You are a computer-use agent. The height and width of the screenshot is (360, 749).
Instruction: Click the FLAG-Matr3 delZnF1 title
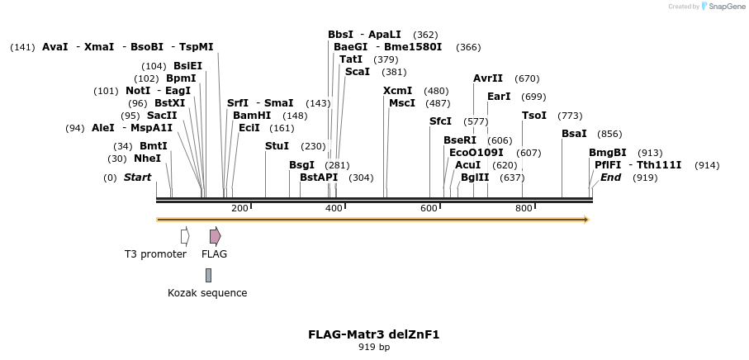pyautogui.click(x=373, y=334)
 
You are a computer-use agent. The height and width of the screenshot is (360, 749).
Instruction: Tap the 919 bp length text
pyautogui.click(x=373, y=348)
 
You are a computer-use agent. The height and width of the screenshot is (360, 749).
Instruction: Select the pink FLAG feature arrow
pyautogui.click(x=215, y=236)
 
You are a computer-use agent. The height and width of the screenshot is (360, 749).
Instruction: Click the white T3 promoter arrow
pyautogui.click(x=185, y=236)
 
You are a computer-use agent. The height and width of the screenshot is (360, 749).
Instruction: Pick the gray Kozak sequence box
pyautogui.click(x=208, y=275)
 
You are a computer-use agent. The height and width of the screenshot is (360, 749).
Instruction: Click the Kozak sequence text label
pyautogui.click(x=207, y=293)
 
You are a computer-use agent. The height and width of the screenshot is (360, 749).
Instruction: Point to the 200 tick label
pyautogui.click(x=240, y=208)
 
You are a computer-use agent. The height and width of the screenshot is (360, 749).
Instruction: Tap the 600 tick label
pyautogui.click(x=429, y=208)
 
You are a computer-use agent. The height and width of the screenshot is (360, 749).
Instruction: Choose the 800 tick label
pyautogui.click(x=524, y=208)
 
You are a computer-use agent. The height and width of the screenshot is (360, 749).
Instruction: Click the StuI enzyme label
pyautogui.click(x=277, y=146)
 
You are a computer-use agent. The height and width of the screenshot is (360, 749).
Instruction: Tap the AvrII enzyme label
pyautogui.click(x=488, y=78)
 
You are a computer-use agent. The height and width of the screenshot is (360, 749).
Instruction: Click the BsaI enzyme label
pyautogui.click(x=574, y=134)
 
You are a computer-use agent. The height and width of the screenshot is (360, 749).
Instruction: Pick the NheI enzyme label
pyautogui.click(x=147, y=159)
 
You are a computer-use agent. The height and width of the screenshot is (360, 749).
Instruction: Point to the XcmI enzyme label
pyautogui.click(x=398, y=91)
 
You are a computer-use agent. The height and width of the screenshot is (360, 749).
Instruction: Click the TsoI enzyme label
pyautogui.click(x=534, y=116)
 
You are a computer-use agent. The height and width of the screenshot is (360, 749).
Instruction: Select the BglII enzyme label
pyautogui.click(x=475, y=178)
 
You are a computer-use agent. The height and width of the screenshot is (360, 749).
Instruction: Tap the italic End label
pyautogui.click(x=610, y=178)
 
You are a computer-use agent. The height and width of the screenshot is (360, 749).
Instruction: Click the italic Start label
pyautogui.click(x=138, y=178)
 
